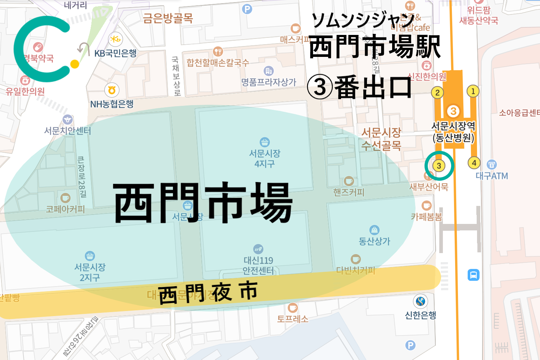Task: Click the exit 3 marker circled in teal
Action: (439, 166)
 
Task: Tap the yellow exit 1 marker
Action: (473, 91)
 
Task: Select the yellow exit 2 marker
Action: (437, 93)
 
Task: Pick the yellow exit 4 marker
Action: (474, 163)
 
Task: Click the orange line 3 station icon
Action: (453, 111)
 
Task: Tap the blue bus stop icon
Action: (473, 275)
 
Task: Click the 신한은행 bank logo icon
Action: (420, 301)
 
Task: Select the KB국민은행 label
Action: (115, 53)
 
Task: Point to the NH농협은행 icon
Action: (112, 90)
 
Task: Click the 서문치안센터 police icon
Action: (68, 120)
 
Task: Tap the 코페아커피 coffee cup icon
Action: (65, 198)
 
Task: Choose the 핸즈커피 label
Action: (349, 192)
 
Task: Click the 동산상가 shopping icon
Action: (374, 230)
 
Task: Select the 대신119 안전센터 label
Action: (258, 265)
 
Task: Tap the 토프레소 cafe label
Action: (292, 319)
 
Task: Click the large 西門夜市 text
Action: (208, 292)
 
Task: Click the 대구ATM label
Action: (492, 176)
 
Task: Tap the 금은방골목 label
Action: (168, 18)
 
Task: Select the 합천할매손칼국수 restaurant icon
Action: (218, 51)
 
